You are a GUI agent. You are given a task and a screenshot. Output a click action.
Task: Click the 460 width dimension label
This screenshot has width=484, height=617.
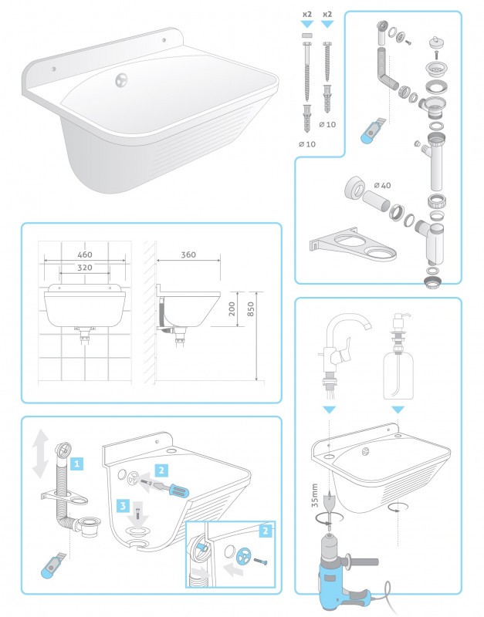(x=85, y=255)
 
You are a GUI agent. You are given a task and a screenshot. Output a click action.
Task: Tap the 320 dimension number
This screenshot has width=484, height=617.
(x=85, y=268)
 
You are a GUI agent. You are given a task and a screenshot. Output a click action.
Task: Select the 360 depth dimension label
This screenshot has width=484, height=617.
(x=188, y=255)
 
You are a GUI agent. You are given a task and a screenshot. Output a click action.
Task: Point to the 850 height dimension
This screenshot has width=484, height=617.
(x=250, y=309)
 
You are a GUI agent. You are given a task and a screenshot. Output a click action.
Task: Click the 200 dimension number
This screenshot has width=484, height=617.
(x=232, y=309)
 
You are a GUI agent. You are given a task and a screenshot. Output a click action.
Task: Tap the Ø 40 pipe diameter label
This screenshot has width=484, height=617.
(x=382, y=185)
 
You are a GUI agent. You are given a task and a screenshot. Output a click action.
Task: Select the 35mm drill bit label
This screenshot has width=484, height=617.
(x=314, y=495)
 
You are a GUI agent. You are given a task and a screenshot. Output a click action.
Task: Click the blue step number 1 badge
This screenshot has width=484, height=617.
(x=76, y=464)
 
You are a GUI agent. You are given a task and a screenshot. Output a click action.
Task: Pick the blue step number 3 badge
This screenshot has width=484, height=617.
(x=124, y=506)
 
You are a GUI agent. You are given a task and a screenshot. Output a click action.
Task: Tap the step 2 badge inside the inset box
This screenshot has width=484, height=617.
(x=266, y=531)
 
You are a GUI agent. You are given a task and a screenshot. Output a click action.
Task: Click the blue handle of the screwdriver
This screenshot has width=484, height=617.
(x=178, y=491)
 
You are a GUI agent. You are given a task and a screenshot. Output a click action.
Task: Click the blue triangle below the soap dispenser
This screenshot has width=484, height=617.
(x=398, y=410)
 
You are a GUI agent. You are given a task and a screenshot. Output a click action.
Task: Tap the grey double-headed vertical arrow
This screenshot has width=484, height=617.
(x=40, y=453)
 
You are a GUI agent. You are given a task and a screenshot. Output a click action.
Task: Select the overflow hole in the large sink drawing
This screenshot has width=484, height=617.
(x=122, y=80)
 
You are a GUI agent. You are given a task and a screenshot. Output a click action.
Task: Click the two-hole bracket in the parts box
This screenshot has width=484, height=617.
(x=353, y=244)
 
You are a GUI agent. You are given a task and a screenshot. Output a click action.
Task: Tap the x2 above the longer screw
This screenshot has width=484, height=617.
(x=306, y=14)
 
